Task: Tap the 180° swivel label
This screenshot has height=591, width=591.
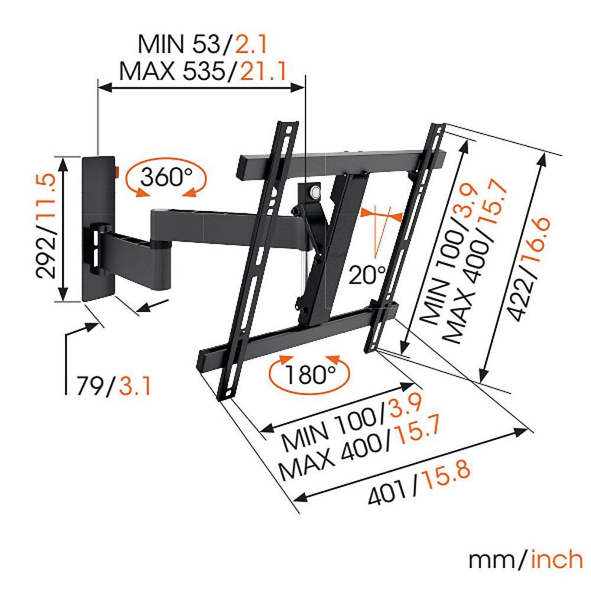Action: tap(310, 374)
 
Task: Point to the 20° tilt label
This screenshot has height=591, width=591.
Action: tap(367, 275)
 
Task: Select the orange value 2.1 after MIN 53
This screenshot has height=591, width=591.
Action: tap(251, 44)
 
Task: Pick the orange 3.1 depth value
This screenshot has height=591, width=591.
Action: tap(135, 385)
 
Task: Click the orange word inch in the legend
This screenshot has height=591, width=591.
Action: tap(557, 560)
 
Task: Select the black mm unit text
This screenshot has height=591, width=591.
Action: tap(491, 561)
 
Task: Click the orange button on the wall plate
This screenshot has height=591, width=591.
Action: tap(116, 172)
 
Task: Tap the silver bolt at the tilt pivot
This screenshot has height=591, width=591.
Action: tap(314, 191)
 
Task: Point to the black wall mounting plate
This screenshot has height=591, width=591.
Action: tap(99, 228)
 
